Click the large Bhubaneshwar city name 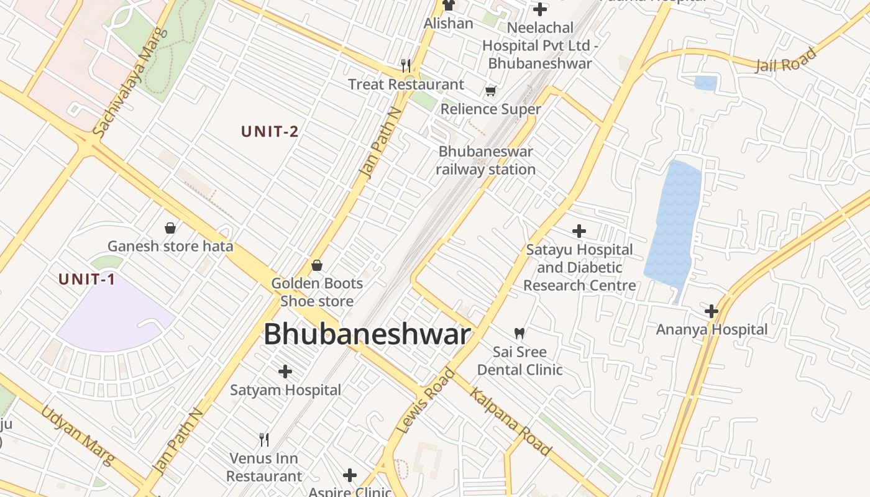tap(367, 335)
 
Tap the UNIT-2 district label tap(270, 132)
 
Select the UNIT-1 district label tap(87, 280)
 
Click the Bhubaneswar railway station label tap(485, 160)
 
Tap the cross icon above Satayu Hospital tap(579, 231)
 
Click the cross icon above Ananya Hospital tap(712, 311)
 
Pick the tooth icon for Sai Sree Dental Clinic tap(520, 334)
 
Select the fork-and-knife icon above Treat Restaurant tap(406, 65)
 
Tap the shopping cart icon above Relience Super tap(491, 91)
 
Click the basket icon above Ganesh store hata tap(170, 228)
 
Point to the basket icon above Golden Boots tap(317, 265)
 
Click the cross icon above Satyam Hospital tap(285, 372)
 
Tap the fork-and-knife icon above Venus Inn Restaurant tap(264, 440)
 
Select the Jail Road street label tap(785, 61)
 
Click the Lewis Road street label tap(426, 401)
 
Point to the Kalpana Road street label tap(510, 421)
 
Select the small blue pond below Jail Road tap(705, 83)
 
